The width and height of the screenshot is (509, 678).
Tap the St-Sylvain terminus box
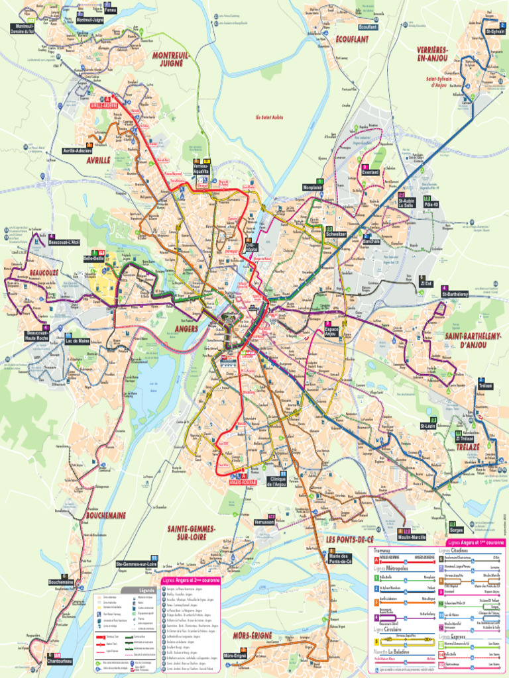pos(494,31)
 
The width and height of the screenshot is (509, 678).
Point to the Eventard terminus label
pos(370,172)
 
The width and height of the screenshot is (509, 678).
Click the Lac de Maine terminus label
pos(78,341)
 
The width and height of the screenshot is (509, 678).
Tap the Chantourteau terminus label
pos(59,661)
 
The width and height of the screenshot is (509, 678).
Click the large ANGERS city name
pos(188,328)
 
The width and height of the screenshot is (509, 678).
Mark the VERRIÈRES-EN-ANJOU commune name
pos(433,54)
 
